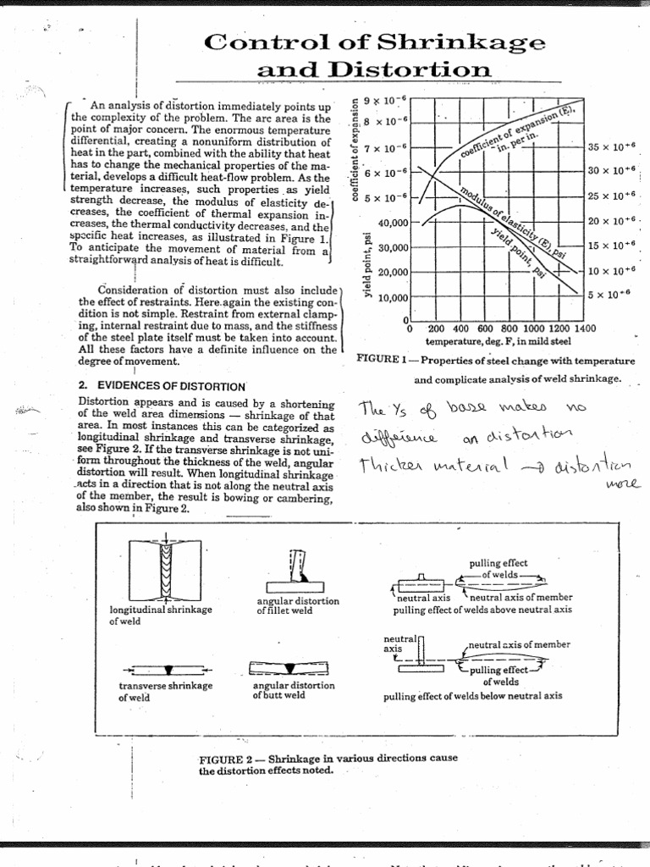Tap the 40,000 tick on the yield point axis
(394, 223)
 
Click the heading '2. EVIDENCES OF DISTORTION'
(161, 386)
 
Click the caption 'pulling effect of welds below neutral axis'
(472, 696)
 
